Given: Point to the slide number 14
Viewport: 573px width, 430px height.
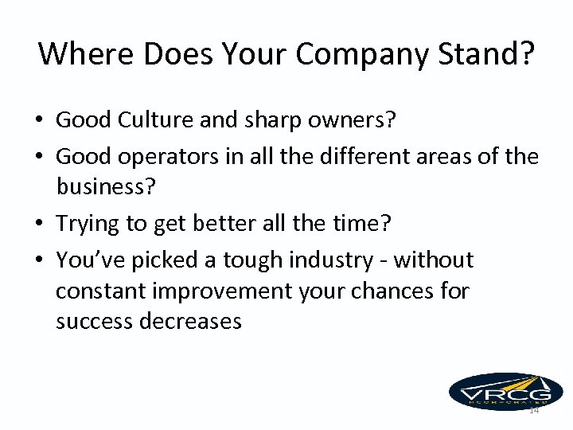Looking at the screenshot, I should tap(533, 410).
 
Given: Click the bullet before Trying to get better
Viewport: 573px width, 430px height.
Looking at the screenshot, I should tap(38, 225).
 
